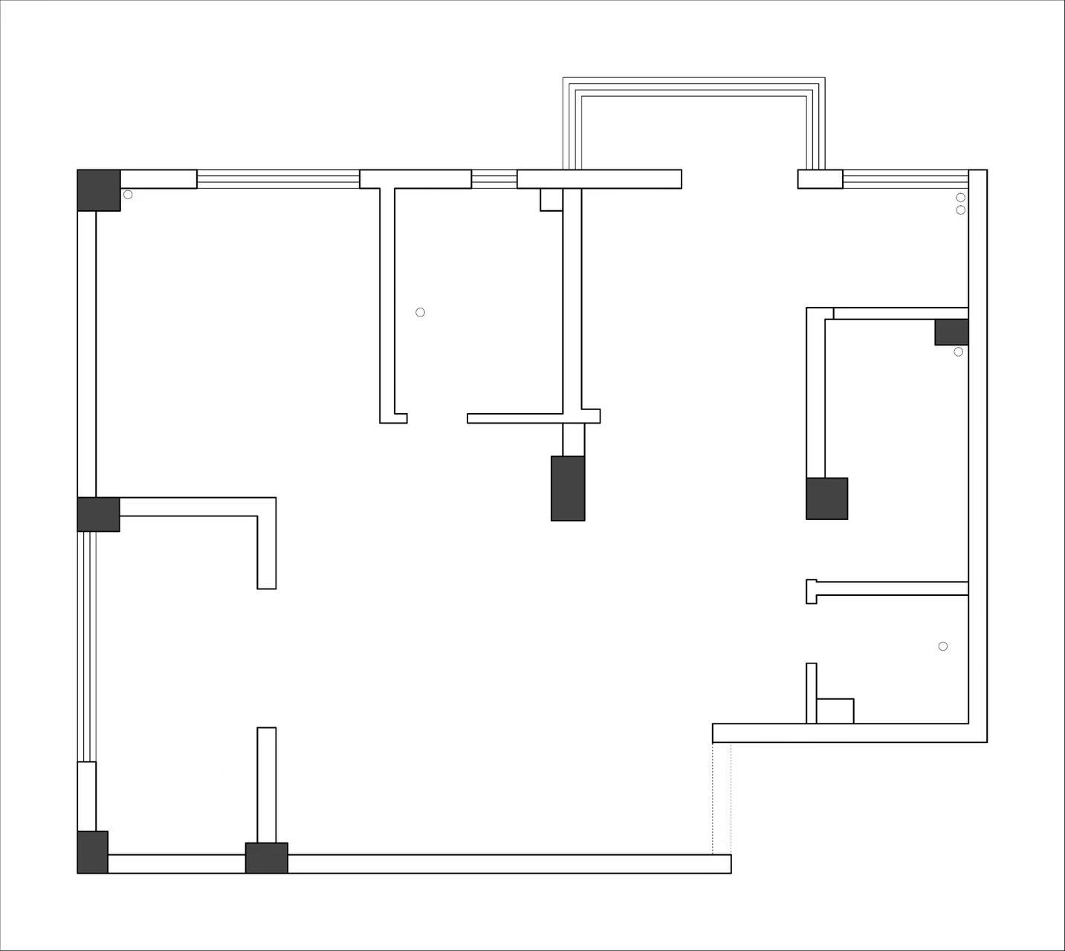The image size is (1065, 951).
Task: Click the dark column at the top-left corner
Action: tap(99, 190)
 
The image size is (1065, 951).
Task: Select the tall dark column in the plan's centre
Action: tap(568, 488)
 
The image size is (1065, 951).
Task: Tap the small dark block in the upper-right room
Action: tap(951, 331)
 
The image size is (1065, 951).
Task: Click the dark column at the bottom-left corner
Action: tap(93, 852)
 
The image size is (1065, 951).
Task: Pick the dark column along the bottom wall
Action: tap(267, 857)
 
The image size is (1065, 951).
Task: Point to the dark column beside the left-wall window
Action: tap(98, 514)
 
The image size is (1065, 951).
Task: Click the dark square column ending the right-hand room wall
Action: tap(827, 498)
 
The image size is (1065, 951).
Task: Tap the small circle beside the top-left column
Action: tap(128, 195)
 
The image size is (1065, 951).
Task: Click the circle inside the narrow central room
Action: tap(420, 312)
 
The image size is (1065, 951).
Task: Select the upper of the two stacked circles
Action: tap(960, 198)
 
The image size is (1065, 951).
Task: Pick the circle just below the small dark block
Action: tap(958, 351)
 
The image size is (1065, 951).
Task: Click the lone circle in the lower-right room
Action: tap(942, 646)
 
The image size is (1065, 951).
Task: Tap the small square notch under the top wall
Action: tap(551, 199)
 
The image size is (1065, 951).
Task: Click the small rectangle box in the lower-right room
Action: tap(835, 711)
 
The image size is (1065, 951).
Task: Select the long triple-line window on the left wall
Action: tap(87, 646)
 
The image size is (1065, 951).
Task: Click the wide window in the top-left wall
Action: tap(278, 179)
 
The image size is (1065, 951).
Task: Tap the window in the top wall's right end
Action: tap(905, 179)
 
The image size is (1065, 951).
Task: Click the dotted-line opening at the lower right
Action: tap(722, 798)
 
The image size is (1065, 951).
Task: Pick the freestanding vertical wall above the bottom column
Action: tap(267, 785)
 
